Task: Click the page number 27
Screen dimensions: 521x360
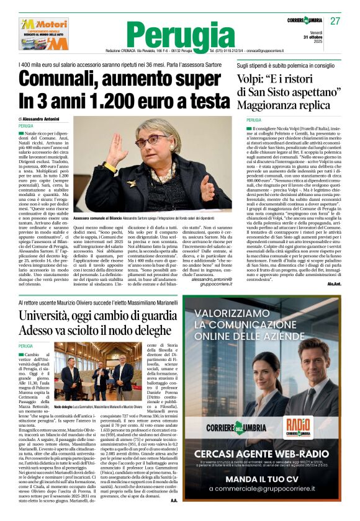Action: [x=335, y=21]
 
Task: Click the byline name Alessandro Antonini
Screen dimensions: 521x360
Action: [x=48, y=118]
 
